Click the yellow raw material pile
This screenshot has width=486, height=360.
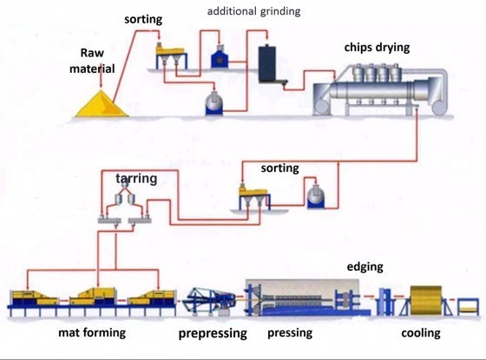tap(102, 105)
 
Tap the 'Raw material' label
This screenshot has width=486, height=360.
tap(92, 61)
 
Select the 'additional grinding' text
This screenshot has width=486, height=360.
tap(253, 11)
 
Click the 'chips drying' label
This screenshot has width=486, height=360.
tap(377, 48)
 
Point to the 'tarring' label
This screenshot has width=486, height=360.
tap(136, 179)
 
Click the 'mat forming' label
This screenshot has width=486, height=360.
tap(92, 333)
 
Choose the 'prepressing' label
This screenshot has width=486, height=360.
tap(213, 334)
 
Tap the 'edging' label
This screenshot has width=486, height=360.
tap(364, 267)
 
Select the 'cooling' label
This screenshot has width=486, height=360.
tap(421, 333)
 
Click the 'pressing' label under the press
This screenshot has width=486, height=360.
tap(290, 333)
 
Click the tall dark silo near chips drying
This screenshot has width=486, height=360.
tap(267, 64)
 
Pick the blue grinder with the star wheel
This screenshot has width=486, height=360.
tap(220, 58)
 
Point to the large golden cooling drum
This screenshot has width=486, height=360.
tap(426, 300)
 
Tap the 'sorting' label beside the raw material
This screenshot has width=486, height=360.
tap(143, 19)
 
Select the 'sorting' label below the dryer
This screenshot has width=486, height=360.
tap(279, 168)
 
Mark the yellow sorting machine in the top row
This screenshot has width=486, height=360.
tap(171, 56)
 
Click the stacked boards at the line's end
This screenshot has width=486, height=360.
tap(468, 307)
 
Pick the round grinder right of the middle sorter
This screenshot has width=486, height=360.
tap(316, 197)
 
